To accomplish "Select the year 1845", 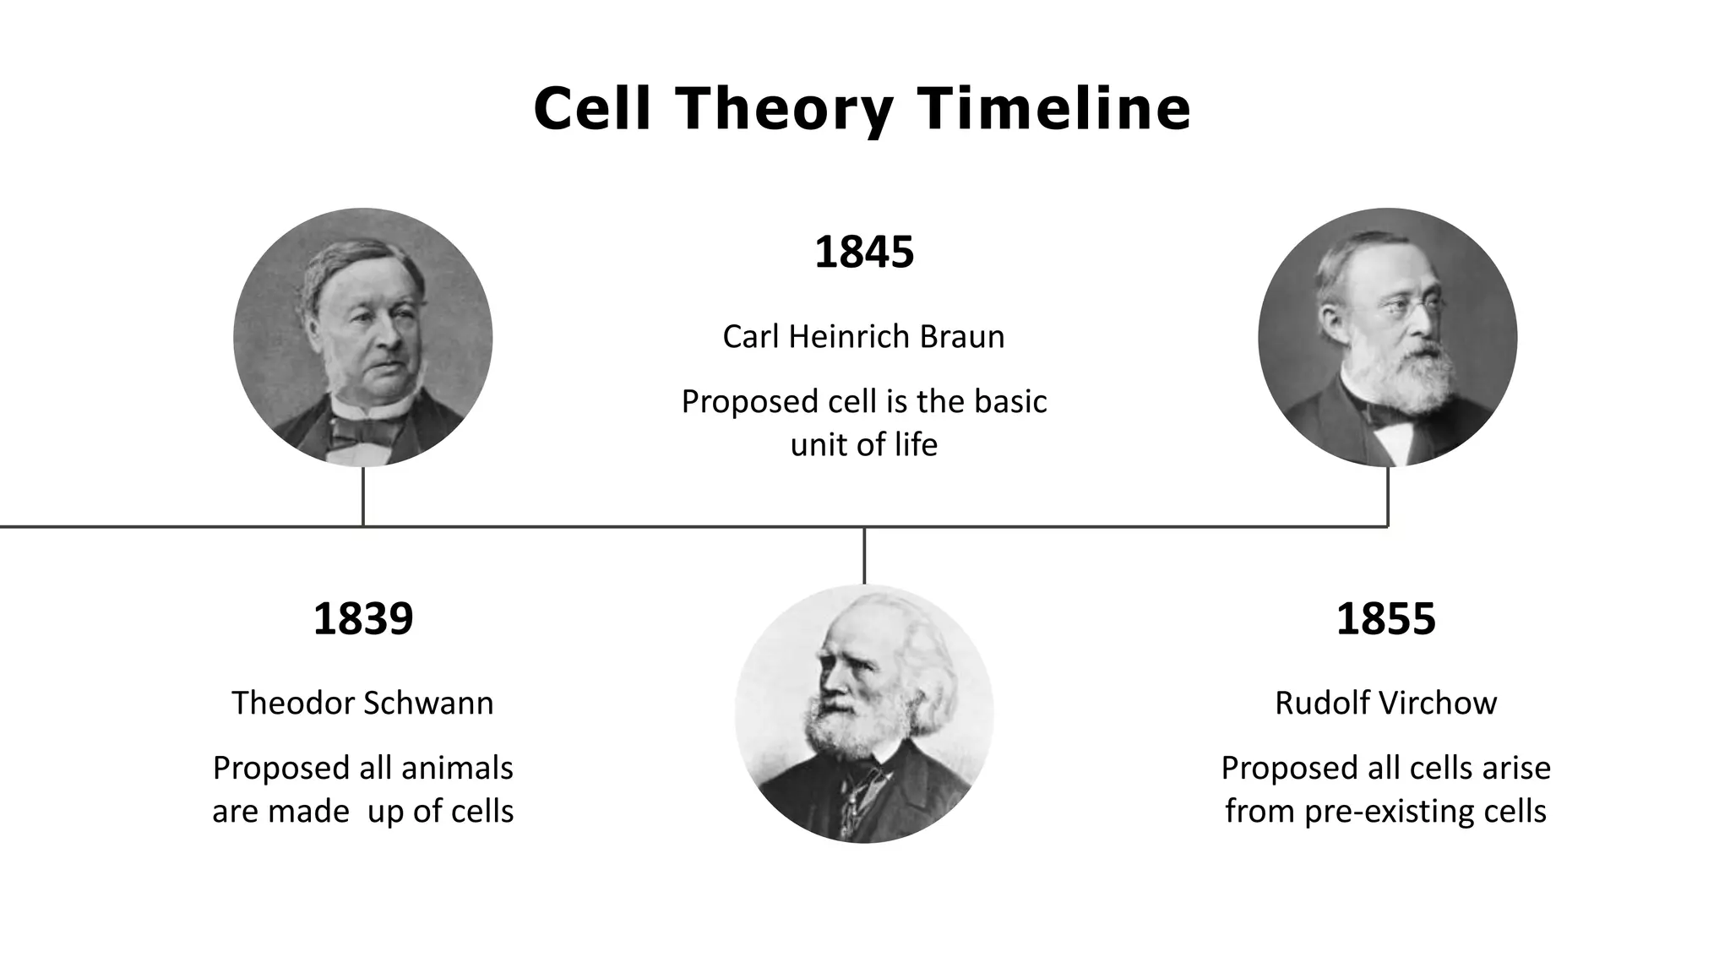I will point(864,252).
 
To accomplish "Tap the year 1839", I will point(363,618).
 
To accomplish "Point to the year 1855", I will point(1385,618).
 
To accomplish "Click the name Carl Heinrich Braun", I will point(863,336).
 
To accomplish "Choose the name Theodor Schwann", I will point(362,703).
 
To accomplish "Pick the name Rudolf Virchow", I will point(1385,703).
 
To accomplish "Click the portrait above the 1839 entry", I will point(363,337).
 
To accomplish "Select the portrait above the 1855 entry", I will point(1387,337).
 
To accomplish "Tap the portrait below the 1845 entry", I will point(864,714).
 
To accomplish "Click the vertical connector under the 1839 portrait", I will point(363,497).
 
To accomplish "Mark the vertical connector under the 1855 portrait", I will point(1388,497).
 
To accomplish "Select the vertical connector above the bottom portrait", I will point(864,556).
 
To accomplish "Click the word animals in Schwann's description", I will point(457,768).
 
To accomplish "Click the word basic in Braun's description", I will point(1010,401).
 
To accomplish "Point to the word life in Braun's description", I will point(916,444).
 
